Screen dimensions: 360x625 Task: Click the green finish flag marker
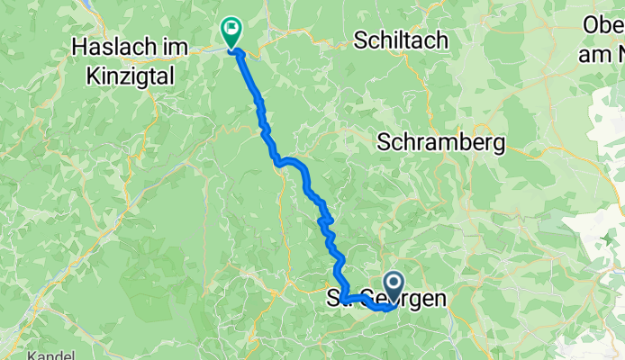pyautogui.click(x=231, y=32)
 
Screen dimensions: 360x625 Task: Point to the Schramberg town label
pyautogui.click(x=442, y=142)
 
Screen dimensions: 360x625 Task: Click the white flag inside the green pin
pyautogui.click(x=231, y=30)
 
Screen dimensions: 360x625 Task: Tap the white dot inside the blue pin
pyautogui.click(x=394, y=283)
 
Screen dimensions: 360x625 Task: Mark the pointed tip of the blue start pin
pyautogui.click(x=394, y=303)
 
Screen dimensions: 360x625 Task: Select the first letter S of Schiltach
pyautogui.click(x=361, y=40)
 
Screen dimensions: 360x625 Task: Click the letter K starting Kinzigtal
pyautogui.click(x=92, y=78)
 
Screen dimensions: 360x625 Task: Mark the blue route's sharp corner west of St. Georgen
pyautogui.click(x=343, y=300)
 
